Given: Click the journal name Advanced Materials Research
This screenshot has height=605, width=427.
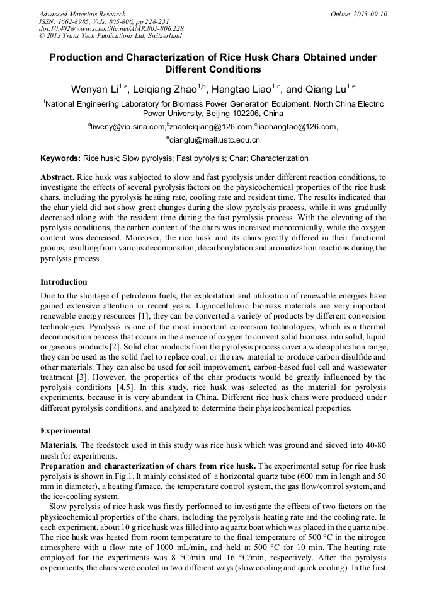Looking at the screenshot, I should pyautogui.click(x=82, y=14).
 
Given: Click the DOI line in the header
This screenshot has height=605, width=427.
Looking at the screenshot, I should pyautogui.click(x=111, y=29).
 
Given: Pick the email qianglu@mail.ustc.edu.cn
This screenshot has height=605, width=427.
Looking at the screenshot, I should pyautogui.click(x=214, y=140).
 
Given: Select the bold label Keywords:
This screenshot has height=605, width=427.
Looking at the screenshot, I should pyautogui.click(x=60, y=158).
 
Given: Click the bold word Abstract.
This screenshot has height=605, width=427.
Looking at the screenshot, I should pyautogui.click(x=58, y=177).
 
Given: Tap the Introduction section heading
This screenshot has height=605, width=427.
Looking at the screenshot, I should pyautogui.click(x=64, y=281).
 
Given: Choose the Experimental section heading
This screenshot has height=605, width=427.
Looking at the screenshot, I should pyautogui.click(x=65, y=431).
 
